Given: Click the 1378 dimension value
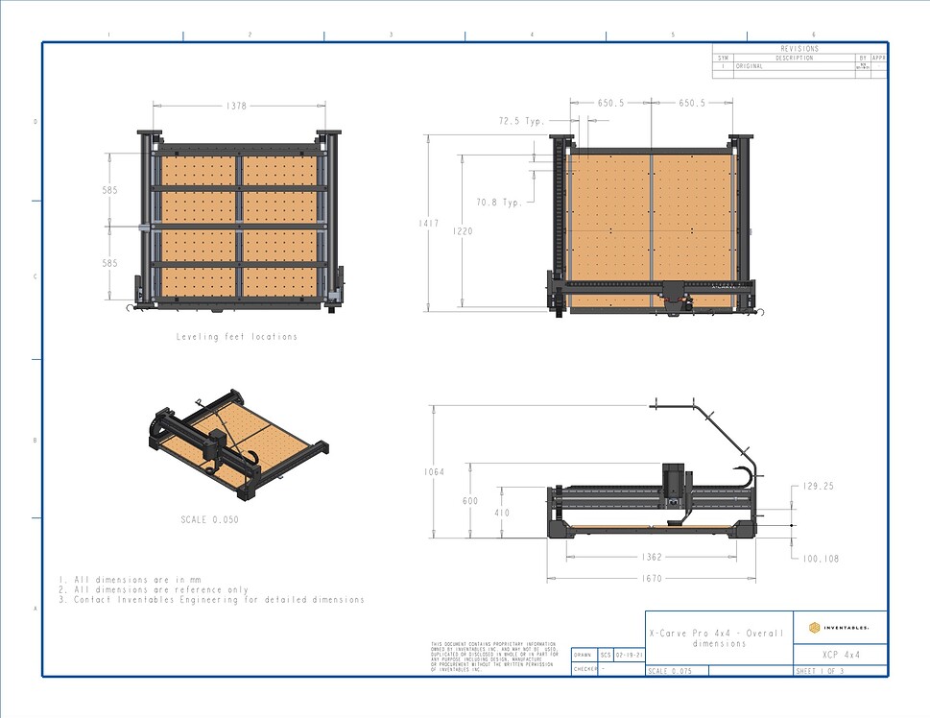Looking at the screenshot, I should coord(235,107).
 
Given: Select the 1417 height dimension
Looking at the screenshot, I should coord(428,224).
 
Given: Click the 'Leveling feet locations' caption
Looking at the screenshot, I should coord(237,337).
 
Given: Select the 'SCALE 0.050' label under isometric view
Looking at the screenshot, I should coord(209,519).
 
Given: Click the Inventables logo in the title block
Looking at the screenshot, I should coord(840,627).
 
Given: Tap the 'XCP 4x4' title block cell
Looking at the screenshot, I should coord(840,654).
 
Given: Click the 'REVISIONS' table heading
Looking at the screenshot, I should coord(799,48).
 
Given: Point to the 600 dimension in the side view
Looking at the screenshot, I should coord(470,501).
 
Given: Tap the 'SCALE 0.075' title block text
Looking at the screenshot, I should coord(670,671).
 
